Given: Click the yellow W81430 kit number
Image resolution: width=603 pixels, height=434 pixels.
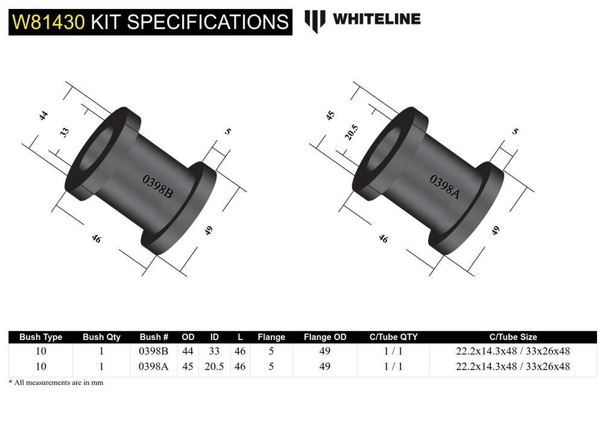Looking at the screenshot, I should (x=49, y=22).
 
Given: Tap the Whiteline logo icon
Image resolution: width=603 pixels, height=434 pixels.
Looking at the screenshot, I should (x=315, y=20).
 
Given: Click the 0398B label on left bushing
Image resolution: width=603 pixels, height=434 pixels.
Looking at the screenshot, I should (x=157, y=186).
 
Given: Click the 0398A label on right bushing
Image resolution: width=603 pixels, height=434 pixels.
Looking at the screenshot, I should (x=444, y=186).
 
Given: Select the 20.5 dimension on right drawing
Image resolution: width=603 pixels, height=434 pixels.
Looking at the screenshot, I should (x=352, y=132).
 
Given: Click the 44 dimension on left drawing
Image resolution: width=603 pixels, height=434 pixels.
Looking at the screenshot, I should (x=43, y=116).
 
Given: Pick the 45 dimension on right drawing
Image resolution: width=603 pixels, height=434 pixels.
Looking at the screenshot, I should (x=330, y=115).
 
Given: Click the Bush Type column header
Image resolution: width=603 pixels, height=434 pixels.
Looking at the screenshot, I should (x=40, y=337).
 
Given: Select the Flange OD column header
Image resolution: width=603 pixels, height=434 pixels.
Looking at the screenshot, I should (x=325, y=337).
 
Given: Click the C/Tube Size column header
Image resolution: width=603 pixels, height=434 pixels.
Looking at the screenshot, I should (x=513, y=337).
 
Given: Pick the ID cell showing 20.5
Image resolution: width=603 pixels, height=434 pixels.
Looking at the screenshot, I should (x=214, y=366).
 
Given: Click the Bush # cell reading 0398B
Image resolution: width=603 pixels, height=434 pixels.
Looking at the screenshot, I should (x=153, y=351).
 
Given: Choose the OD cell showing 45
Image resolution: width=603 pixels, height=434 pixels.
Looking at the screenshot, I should (x=188, y=366).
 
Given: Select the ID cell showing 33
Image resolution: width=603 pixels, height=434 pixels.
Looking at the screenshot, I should (x=214, y=351).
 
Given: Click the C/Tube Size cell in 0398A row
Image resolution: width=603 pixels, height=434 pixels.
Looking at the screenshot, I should (x=513, y=366).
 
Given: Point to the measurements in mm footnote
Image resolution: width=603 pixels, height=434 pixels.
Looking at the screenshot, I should (x=55, y=383).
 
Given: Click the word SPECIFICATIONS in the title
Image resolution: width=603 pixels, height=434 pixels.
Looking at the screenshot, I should (x=207, y=22).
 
